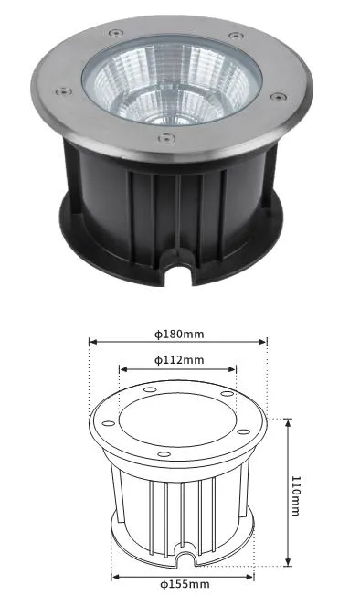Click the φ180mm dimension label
pyautogui.click(x=179, y=334)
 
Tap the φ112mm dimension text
pyautogui.click(x=179, y=360)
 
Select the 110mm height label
pyautogui.click(x=295, y=496)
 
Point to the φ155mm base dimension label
pyautogui.click(x=185, y=584)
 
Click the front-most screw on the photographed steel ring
pyautogui.click(x=166, y=138)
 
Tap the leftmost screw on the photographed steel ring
pyautogui.click(x=63, y=91)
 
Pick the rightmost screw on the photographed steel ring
pyautogui.click(x=278, y=97)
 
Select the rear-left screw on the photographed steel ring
pyautogui.click(x=116, y=33)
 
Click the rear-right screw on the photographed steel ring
pyautogui.click(x=236, y=36)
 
